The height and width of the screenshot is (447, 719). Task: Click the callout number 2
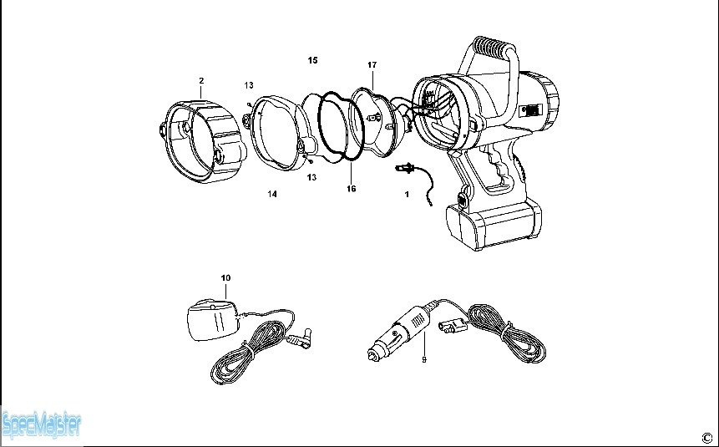pos(201,81)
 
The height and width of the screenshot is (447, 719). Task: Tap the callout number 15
pos(312,60)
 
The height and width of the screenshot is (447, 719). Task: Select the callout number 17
pos(372,64)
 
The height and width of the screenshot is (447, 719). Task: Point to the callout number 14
pos(272,194)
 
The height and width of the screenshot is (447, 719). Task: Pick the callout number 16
pos(352,189)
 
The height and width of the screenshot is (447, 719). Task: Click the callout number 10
pos(225,277)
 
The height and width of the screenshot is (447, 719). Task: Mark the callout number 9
pos(424,359)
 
